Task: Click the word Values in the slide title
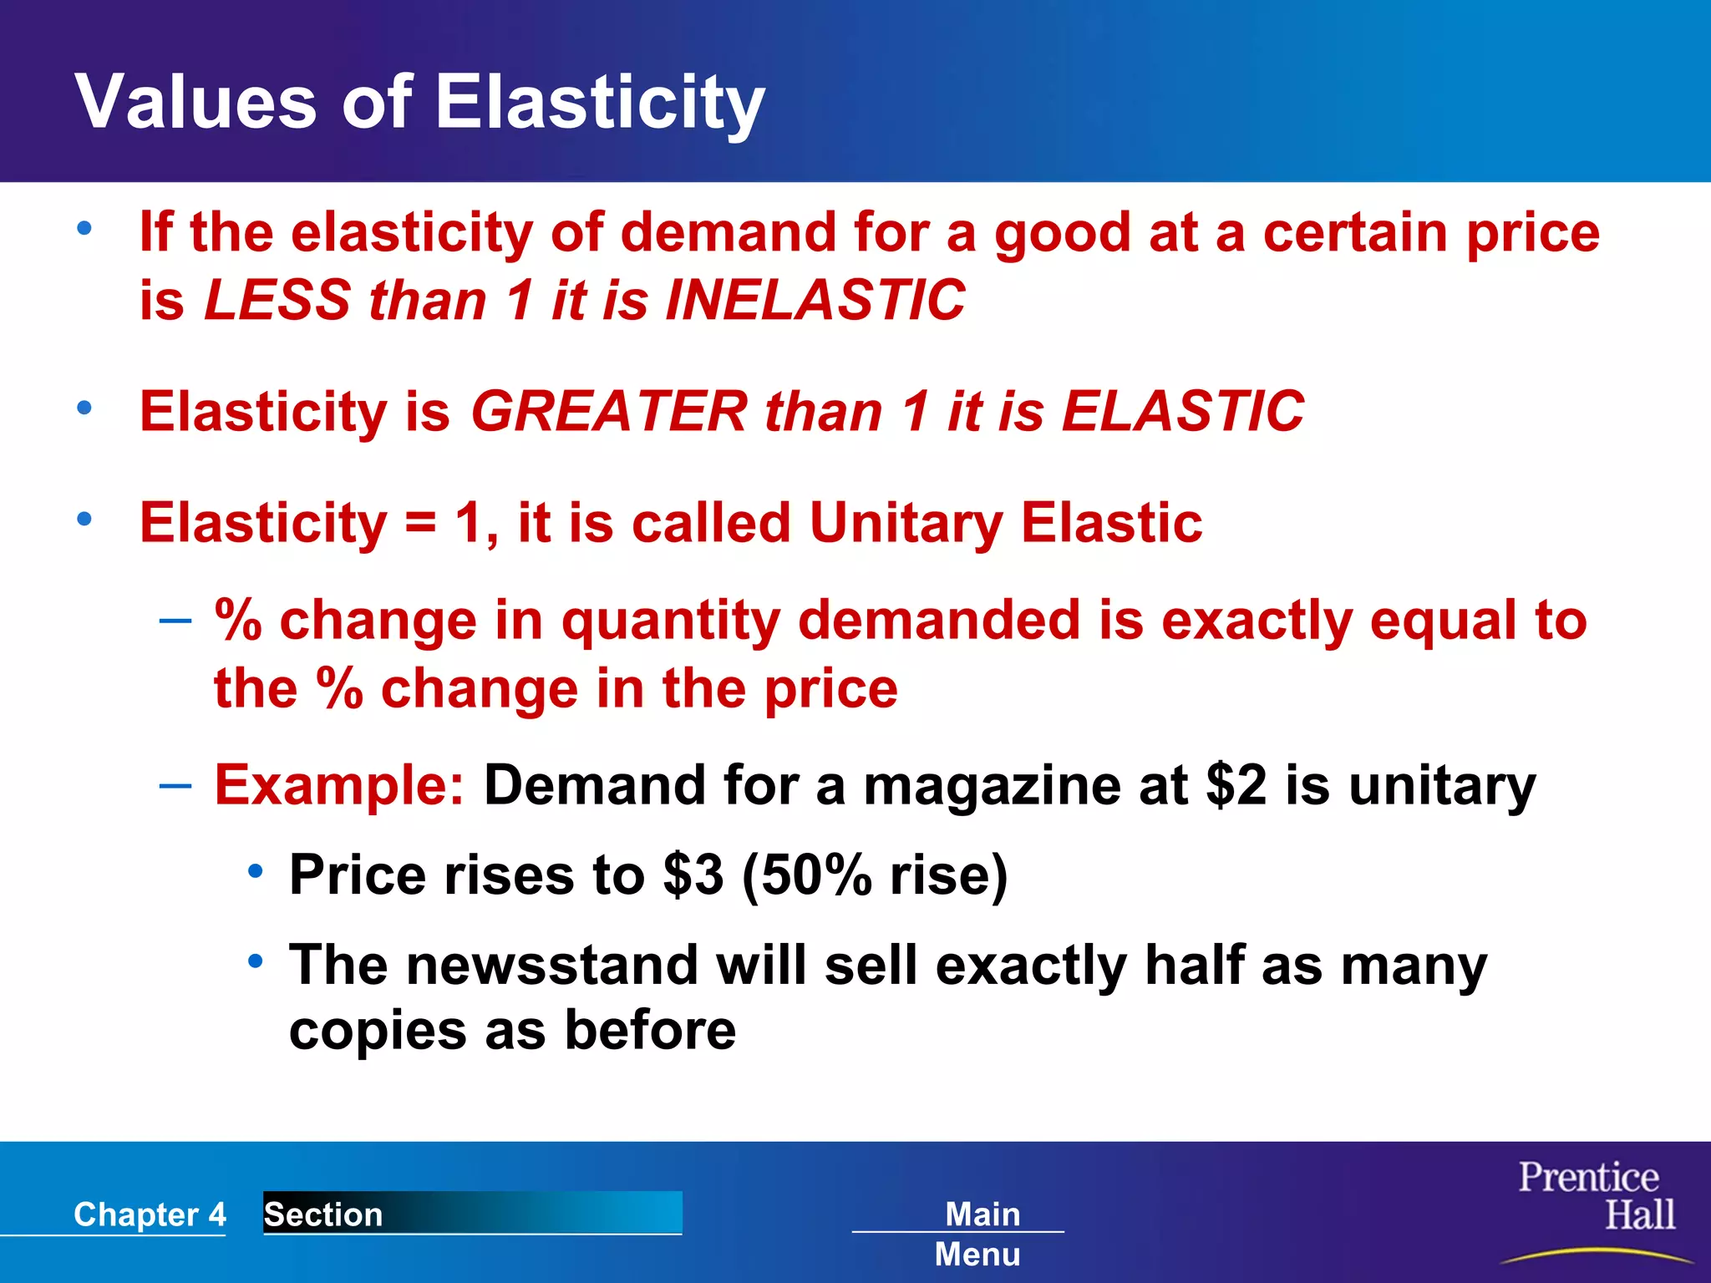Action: pyautogui.click(x=195, y=102)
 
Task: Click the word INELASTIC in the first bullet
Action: pyautogui.click(x=815, y=300)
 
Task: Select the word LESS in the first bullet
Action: pyautogui.click(x=277, y=300)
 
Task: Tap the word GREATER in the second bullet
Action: pyautogui.click(x=609, y=412)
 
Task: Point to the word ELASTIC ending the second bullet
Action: pyautogui.click(x=1182, y=412)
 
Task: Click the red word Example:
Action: pyautogui.click(x=339, y=785)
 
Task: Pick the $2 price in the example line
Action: pyautogui.click(x=1236, y=785)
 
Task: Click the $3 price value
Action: pyautogui.click(x=693, y=875)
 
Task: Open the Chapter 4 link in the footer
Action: pyautogui.click(x=150, y=1215)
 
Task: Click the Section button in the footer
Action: pyautogui.click(x=472, y=1213)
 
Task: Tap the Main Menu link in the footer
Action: pyautogui.click(x=979, y=1234)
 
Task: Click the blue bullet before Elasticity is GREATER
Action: pyautogui.click(x=84, y=408)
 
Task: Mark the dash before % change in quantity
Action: pyautogui.click(x=175, y=621)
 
